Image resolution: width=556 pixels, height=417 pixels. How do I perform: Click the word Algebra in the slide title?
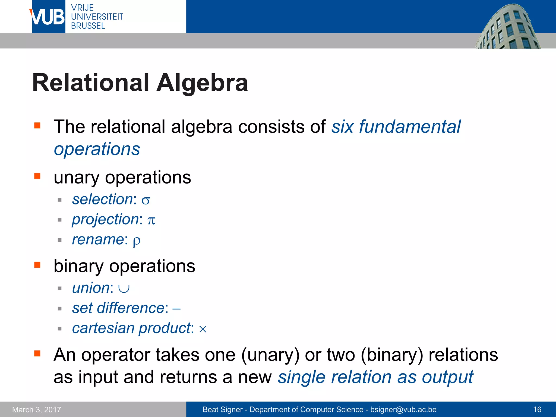(202, 83)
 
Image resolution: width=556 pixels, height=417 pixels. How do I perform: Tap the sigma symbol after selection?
(146, 201)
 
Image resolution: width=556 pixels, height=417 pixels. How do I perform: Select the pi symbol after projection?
(151, 220)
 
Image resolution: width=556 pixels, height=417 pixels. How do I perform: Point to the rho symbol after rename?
(137, 241)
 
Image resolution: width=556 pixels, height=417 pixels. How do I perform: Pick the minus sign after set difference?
(176, 309)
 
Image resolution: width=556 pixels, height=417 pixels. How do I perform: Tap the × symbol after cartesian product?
(203, 329)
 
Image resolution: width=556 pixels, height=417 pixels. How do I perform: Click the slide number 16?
(537, 409)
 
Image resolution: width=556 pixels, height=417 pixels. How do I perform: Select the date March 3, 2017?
(37, 409)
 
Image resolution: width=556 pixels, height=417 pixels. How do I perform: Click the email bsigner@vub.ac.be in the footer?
(403, 409)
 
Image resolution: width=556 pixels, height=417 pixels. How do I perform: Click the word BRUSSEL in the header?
(88, 26)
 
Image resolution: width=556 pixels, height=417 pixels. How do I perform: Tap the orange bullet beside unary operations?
(37, 176)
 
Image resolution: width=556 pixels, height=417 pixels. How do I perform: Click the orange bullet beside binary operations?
(37, 265)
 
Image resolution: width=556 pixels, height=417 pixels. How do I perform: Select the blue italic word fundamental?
(410, 127)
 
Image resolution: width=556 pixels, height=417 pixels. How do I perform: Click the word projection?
(106, 219)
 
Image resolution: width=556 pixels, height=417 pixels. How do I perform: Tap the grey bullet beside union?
(60, 288)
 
